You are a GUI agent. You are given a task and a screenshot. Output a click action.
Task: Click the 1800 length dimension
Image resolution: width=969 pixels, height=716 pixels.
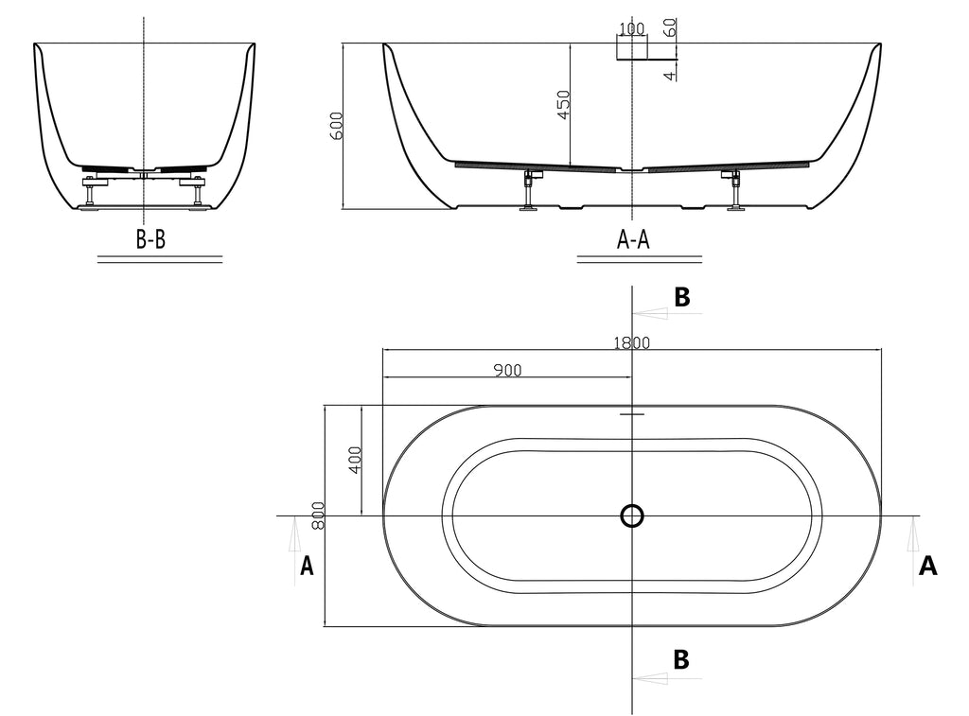point(630,343)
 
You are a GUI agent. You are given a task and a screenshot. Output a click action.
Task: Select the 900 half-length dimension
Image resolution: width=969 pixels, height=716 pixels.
point(507,370)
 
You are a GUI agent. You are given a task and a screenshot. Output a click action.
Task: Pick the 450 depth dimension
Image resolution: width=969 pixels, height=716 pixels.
point(563,104)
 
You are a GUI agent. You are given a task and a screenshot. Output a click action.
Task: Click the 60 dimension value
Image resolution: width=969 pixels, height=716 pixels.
point(670,26)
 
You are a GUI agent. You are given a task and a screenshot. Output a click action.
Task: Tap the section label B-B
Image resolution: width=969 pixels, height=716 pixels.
point(150,240)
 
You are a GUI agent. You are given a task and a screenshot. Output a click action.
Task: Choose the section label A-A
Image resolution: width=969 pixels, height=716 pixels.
point(633,240)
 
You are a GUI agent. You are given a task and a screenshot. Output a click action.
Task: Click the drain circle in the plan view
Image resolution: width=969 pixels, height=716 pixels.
point(632,515)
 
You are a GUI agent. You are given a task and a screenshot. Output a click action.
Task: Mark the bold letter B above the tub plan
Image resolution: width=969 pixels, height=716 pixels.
point(681,297)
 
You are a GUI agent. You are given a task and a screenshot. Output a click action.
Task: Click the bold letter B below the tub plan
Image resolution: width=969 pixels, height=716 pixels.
point(680,658)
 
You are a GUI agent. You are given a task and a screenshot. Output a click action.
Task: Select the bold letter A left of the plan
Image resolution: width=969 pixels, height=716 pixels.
point(307,566)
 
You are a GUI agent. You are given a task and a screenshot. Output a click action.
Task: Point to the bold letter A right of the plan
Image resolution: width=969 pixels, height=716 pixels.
point(928,566)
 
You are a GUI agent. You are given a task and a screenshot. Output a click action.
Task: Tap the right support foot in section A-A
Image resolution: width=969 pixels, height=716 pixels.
point(734,193)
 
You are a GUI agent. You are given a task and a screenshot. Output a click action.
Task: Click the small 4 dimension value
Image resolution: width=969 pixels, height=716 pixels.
point(670,74)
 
